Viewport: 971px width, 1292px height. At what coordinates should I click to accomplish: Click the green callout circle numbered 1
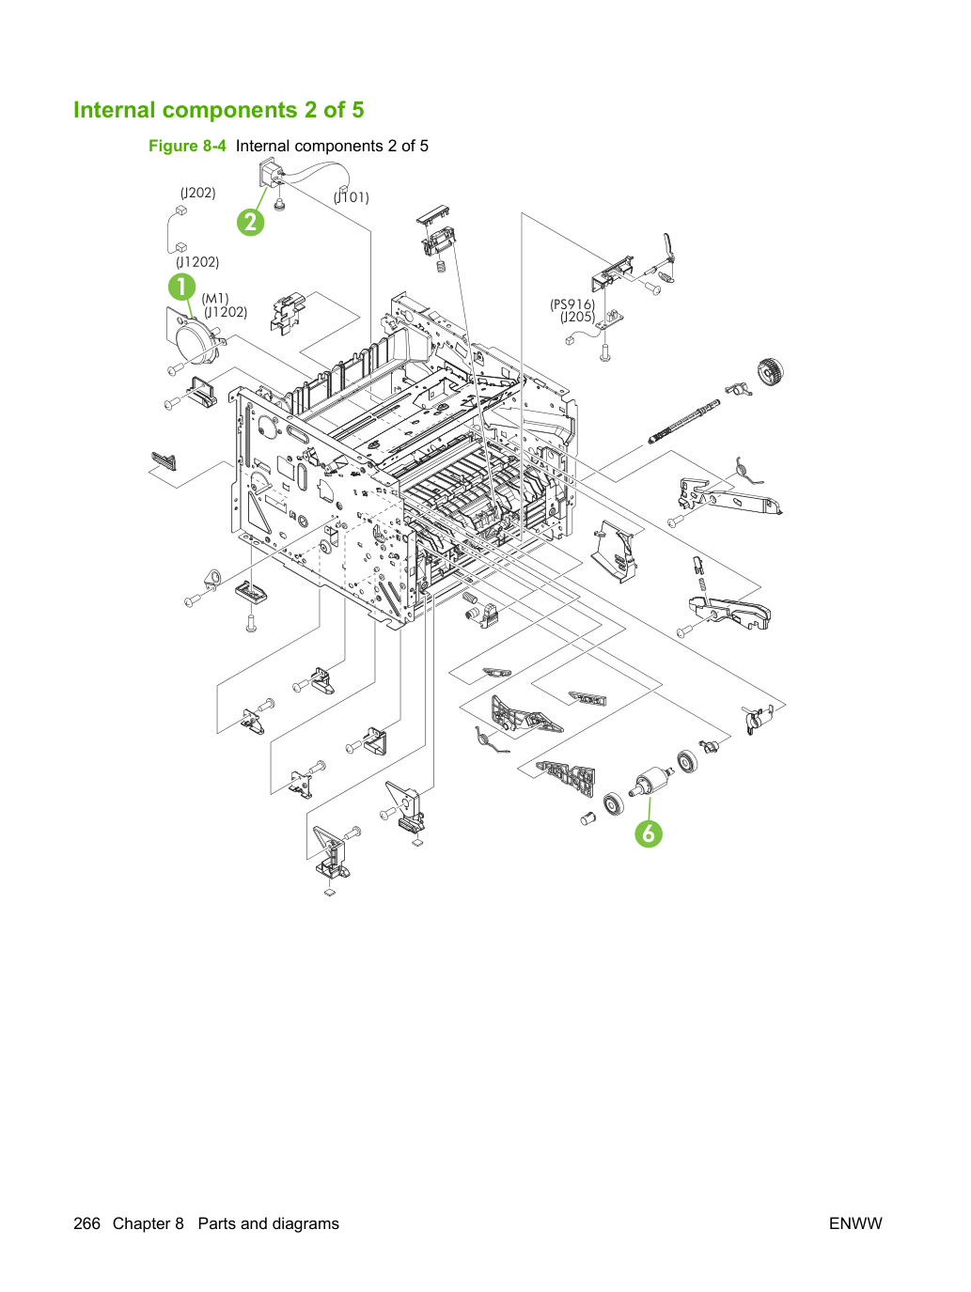[182, 288]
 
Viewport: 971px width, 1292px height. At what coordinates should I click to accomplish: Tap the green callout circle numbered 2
[250, 222]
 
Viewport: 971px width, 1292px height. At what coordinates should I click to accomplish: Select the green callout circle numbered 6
[649, 833]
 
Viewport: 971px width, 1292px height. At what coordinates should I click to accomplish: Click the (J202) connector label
[197, 193]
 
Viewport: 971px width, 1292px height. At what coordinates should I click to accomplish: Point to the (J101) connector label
[352, 197]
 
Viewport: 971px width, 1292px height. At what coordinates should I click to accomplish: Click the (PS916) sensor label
[572, 304]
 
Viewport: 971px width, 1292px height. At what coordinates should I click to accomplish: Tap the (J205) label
[577, 318]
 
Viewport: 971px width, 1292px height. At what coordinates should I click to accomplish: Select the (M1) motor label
[215, 299]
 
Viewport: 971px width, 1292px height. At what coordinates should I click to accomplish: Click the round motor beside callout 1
[197, 339]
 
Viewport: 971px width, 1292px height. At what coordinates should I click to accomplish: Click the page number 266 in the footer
[86, 1223]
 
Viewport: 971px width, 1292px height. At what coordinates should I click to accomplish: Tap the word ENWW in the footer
[855, 1223]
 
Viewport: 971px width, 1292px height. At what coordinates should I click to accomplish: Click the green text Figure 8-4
[187, 146]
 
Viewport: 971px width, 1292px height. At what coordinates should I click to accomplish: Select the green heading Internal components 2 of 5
[218, 110]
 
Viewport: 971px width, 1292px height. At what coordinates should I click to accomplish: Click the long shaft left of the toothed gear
[683, 422]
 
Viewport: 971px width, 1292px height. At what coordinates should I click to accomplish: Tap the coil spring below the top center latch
[441, 266]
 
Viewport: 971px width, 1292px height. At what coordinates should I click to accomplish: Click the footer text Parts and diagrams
[269, 1223]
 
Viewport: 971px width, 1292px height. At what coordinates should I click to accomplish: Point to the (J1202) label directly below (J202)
[197, 262]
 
